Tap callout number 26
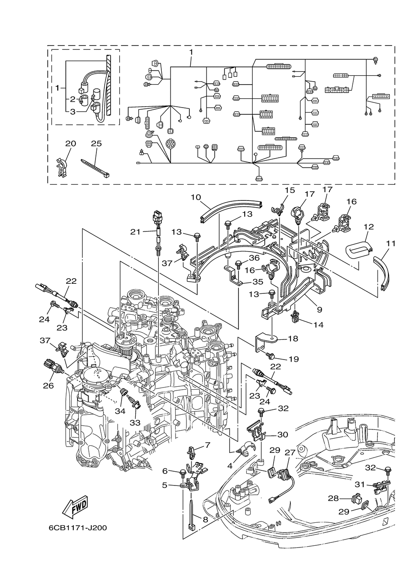pyautogui.click(x=48, y=393)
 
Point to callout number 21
pyautogui.click(x=135, y=232)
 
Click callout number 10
pyautogui.click(x=196, y=198)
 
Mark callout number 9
pyautogui.click(x=319, y=310)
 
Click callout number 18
pyautogui.click(x=293, y=338)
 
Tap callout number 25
pyautogui.click(x=96, y=144)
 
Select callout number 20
pyautogui.click(x=70, y=144)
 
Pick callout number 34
pyautogui.click(x=120, y=411)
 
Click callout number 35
pyautogui.click(x=258, y=282)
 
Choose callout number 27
pyautogui.click(x=290, y=452)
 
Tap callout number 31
pyautogui.click(x=360, y=485)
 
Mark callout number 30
pyautogui.click(x=282, y=434)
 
